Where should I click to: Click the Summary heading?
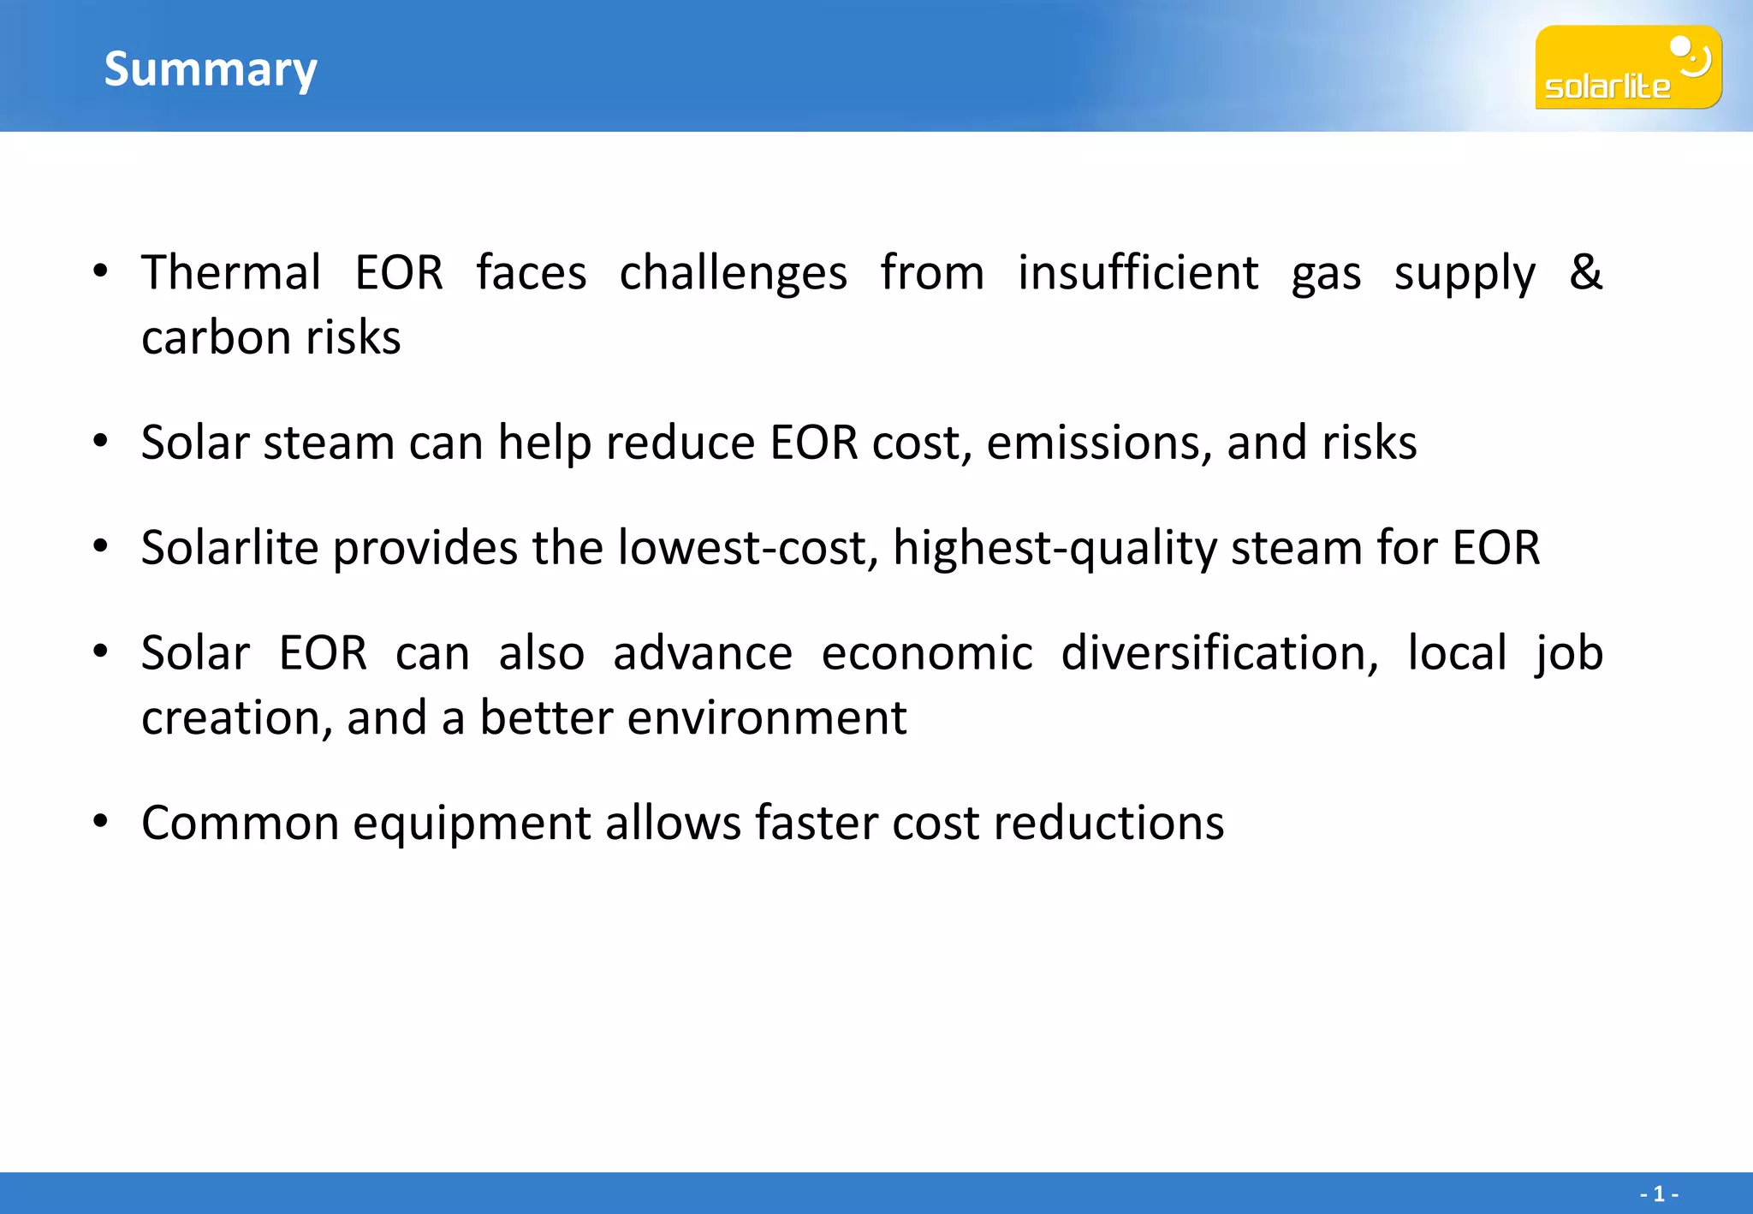(211, 69)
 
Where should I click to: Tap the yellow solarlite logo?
(1627, 67)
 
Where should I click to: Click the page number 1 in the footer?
(1658, 1193)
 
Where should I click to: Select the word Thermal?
(231, 273)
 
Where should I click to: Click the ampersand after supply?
(1585, 271)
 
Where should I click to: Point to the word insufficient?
(1138, 273)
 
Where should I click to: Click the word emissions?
(1099, 443)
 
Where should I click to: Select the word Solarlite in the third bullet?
(229, 548)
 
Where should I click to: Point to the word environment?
(767, 717)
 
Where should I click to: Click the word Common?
(241, 824)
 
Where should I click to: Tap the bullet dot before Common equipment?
(101, 822)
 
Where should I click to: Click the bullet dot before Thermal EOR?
(101, 271)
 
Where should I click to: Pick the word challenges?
(734, 273)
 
